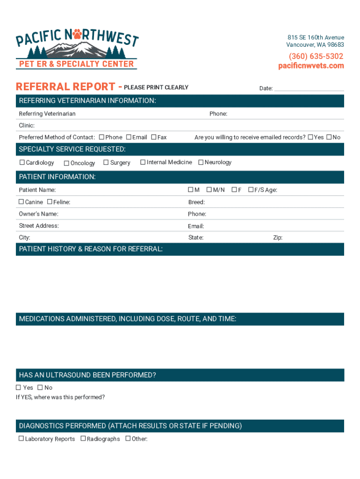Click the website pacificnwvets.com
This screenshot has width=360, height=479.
coord(311,66)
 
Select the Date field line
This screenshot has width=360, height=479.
coord(309,89)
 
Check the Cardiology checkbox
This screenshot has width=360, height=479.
coord(22,162)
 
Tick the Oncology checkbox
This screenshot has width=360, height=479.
coord(66,163)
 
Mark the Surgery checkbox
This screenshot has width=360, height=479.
coord(106,162)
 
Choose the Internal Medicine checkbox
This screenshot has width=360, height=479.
coord(142,162)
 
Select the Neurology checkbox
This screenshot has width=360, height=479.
coord(201,162)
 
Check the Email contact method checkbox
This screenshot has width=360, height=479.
coord(128,137)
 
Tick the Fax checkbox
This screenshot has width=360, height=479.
coord(153,137)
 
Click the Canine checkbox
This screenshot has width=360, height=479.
coord(21,202)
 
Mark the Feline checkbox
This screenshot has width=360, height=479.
coord(50,202)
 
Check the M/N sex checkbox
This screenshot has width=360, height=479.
coord(209,189)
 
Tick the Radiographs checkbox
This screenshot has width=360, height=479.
coord(83,438)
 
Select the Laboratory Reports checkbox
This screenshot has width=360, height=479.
coord(21,438)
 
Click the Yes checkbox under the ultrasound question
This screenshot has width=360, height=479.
coord(19,387)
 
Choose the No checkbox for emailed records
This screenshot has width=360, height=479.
coord(329,137)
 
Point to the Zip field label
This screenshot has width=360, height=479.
coord(278,238)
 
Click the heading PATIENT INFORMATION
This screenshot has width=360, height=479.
coord(57,177)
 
